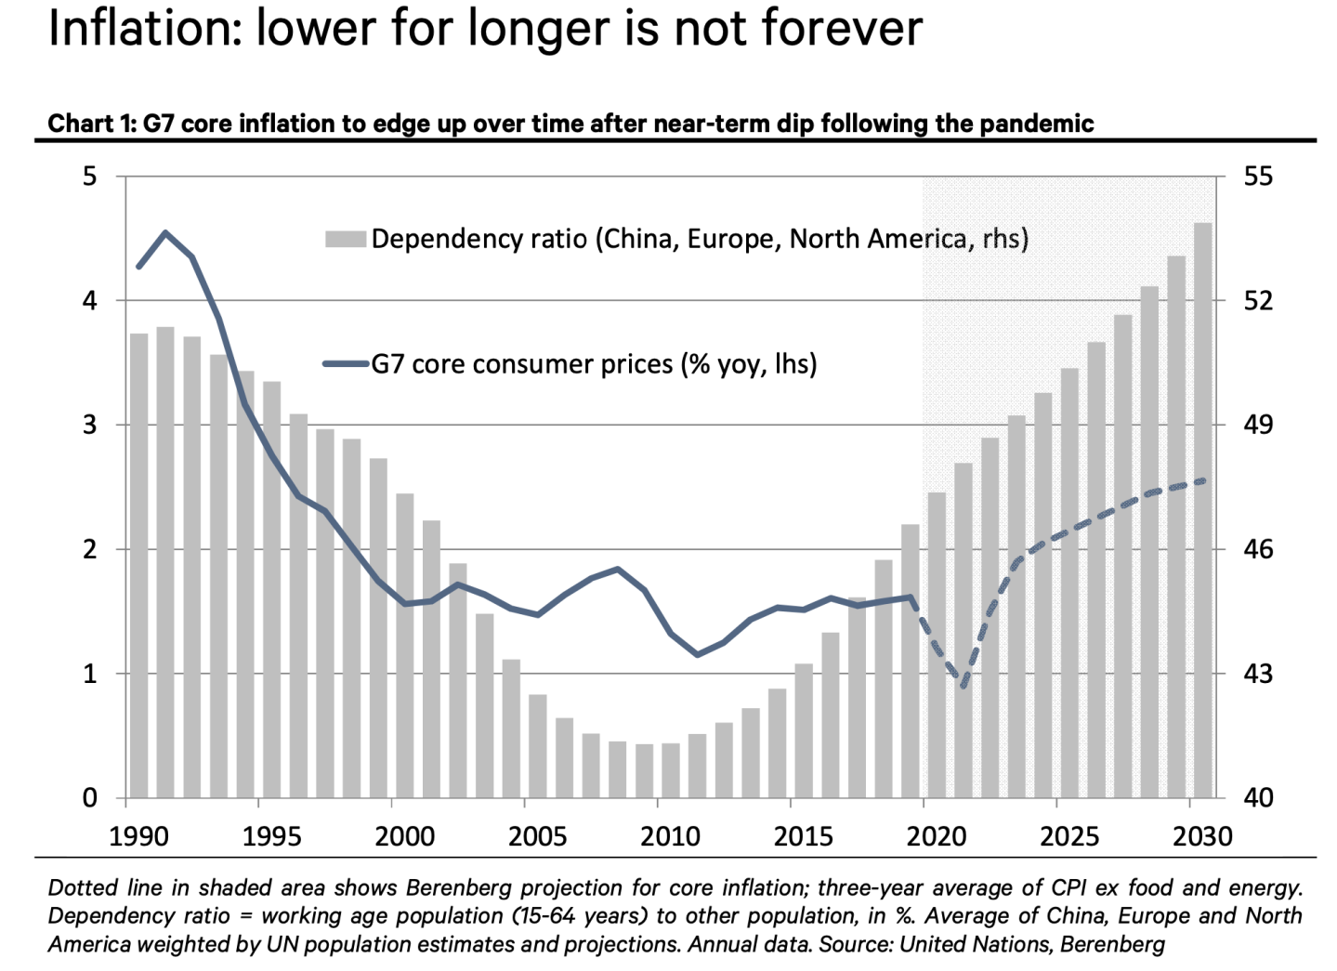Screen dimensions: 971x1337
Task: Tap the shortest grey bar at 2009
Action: pyautogui.click(x=644, y=770)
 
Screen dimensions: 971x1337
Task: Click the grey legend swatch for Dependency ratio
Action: pyautogui.click(x=345, y=239)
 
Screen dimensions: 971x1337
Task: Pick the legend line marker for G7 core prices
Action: pyautogui.click(x=346, y=364)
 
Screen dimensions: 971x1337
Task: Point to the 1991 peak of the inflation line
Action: pyautogui.click(x=165, y=232)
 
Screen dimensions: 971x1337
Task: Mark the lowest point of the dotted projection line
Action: pyautogui.click(x=963, y=686)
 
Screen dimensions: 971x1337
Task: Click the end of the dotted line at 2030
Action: pyautogui.click(x=1204, y=480)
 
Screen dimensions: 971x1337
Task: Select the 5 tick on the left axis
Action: pyautogui.click(x=90, y=177)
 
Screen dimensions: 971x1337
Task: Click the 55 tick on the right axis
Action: pyautogui.click(x=1257, y=177)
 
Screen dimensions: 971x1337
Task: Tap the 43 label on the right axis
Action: pyautogui.click(x=1257, y=674)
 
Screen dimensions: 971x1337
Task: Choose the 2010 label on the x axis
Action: pyautogui.click(x=670, y=836)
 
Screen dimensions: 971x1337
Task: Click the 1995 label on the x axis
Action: pyautogui.click(x=271, y=836)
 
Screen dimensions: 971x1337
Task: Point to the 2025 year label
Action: pyautogui.click(x=1069, y=836)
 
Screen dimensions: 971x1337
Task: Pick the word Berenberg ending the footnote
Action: pyautogui.click(x=1112, y=945)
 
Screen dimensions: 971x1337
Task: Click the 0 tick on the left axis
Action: pyautogui.click(x=90, y=798)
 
